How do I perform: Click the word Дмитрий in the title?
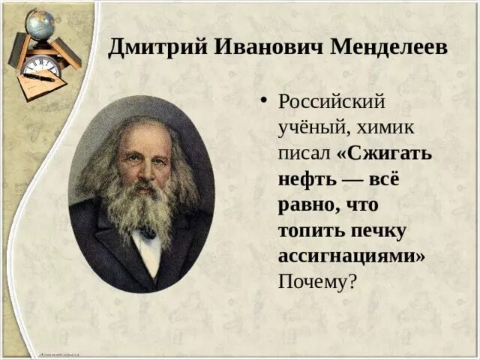pos(157,48)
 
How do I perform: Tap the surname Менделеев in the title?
pos(388,47)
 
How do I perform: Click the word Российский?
pos(331,101)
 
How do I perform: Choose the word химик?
pos(385,127)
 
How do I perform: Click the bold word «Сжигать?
pos(384,152)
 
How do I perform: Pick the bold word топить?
pos(312,230)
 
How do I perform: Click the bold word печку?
pos(378,232)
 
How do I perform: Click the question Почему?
pos(318,280)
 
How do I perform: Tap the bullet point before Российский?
pos(263,100)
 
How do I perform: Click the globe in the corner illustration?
pos(40,23)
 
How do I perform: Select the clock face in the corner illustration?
pos(41,67)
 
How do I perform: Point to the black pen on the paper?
pos(39,76)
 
